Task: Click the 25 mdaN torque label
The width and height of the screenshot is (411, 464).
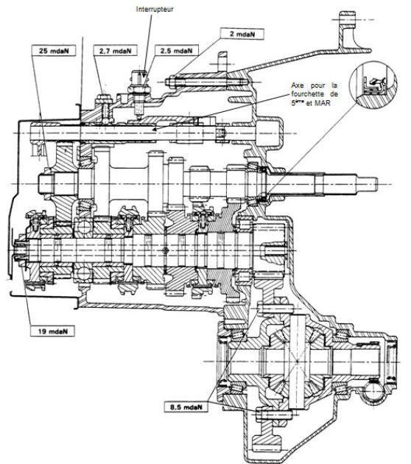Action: pyautogui.click(x=53, y=51)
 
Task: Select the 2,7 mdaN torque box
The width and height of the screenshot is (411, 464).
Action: pyautogui.click(x=115, y=51)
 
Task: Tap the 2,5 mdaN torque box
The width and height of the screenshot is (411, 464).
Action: pyautogui.click(x=176, y=51)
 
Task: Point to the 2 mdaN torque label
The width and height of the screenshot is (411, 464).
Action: pyautogui.click(x=242, y=34)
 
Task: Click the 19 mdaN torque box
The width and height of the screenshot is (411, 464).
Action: pyautogui.click(x=52, y=331)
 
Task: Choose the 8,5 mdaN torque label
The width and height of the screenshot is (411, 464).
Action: pyautogui.click(x=186, y=407)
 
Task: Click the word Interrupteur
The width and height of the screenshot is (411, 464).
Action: pyautogui.click(x=155, y=9)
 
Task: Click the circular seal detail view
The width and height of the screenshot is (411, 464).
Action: pyautogui.click(x=373, y=85)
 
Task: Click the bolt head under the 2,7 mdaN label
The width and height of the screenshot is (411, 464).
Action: pyautogui.click(x=103, y=99)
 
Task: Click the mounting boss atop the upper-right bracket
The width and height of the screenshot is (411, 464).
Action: pyautogui.click(x=347, y=19)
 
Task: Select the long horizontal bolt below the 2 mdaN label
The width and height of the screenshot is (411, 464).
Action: pyautogui.click(x=207, y=82)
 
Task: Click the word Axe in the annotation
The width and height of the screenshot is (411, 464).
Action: pyautogui.click(x=297, y=85)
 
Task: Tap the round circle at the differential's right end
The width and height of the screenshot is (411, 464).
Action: pyautogui.click(x=374, y=391)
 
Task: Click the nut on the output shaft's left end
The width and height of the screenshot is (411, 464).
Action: pyautogui.click(x=21, y=250)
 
